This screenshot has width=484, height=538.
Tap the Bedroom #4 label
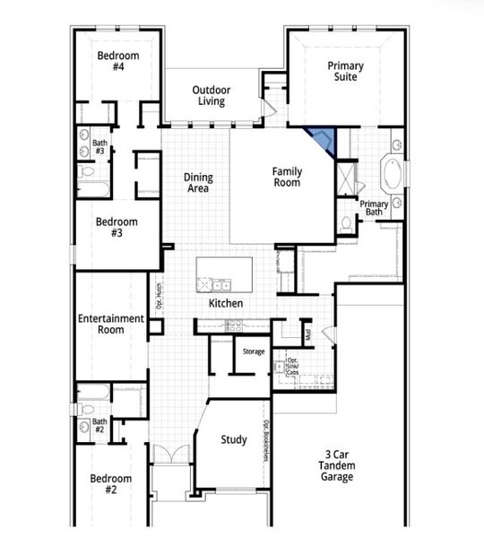[118, 61]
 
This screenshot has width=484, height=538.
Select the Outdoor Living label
[212, 95]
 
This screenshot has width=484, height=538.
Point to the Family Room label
[288, 177]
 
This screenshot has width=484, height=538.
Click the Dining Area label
[198, 183]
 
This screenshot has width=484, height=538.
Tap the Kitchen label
[226, 304]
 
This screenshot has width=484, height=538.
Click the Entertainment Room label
[110, 324]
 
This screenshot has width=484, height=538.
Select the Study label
[234, 439]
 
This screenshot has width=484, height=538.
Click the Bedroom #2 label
[111, 484]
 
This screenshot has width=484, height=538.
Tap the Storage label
[254, 351]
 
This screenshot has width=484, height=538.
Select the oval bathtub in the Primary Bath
[393, 172]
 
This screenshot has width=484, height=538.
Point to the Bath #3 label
[99, 147]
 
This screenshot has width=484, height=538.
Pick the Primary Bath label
[374, 208]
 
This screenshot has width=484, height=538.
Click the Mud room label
[307, 335]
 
